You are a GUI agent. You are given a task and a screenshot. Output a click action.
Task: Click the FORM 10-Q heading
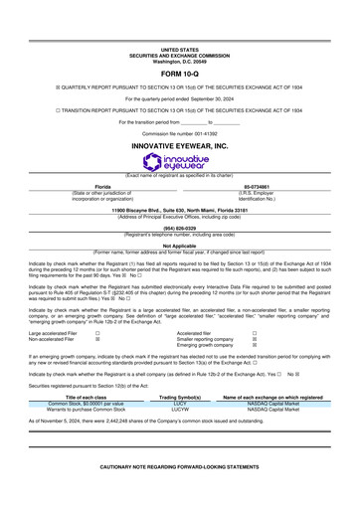tap(179, 74)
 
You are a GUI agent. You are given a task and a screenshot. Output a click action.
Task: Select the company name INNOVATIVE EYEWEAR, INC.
tap(179, 117)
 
